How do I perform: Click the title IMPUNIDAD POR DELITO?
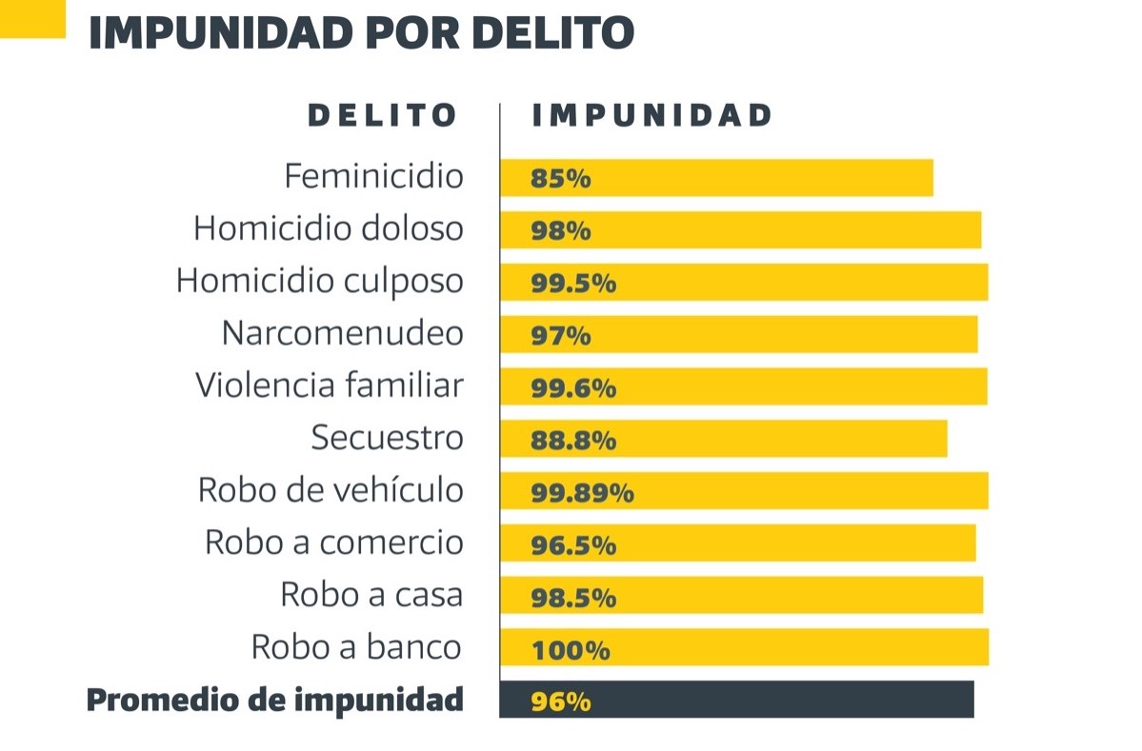tap(361, 32)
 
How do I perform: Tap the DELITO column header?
tap(383, 116)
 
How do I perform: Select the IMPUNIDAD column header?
tap(651, 116)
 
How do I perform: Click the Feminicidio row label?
tap(373, 176)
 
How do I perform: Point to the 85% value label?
tap(561, 179)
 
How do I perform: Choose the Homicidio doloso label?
tap(329, 228)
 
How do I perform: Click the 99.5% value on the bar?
tap(573, 284)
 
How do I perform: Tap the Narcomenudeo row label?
tap(343, 333)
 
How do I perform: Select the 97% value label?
tap(561, 336)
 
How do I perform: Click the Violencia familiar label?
tap(330, 385)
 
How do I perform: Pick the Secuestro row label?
tap(387, 438)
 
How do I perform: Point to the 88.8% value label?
tap(573, 441)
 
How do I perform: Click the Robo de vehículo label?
tap(331, 490)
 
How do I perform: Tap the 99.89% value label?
tap(582, 493)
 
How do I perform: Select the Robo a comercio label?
tap(334, 543)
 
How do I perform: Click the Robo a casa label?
tap(371, 595)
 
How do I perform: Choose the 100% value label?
tap(570, 651)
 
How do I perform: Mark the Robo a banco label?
tap(356, 647)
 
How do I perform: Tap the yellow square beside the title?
tap(32, 18)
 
